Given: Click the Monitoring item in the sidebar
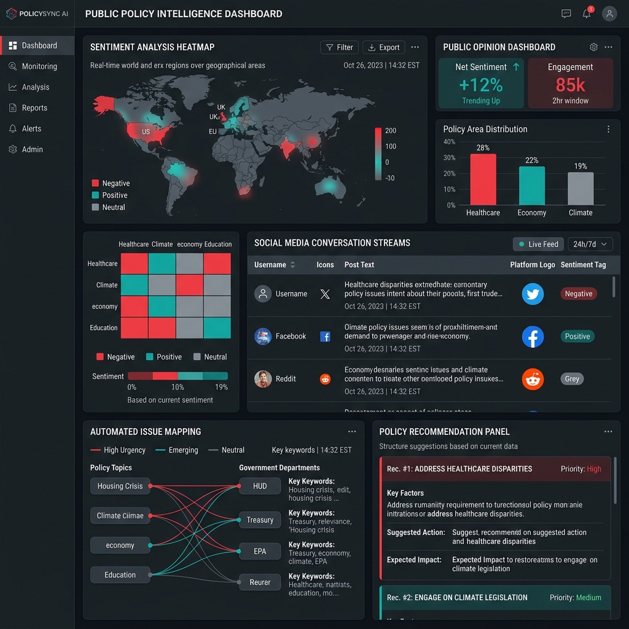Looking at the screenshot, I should tap(39, 66).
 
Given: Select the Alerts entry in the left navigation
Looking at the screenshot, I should tap(31, 128).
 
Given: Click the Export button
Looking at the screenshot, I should tap(383, 47).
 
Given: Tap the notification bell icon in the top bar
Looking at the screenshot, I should tap(587, 14).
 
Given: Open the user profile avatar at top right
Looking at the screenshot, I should tap(609, 14).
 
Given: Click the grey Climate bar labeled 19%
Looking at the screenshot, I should tap(580, 189).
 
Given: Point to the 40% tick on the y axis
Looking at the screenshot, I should tap(449, 142).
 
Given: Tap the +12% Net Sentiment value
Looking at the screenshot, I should tap(480, 85).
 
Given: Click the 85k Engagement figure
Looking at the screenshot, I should tap(570, 85).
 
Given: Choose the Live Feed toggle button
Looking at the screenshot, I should tap(538, 244).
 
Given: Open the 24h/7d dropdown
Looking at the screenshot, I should tap(590, 244).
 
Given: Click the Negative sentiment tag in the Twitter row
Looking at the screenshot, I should tap(579, 294).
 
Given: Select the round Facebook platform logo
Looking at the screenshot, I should tap(533, 337).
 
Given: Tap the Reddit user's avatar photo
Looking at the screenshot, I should tap(263, 379).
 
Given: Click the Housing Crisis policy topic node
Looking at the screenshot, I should tap(120, 486).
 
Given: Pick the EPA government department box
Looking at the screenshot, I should tap(260, 551).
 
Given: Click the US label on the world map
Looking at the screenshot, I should tap(146, 132).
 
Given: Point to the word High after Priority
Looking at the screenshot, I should tap(594, 469).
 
